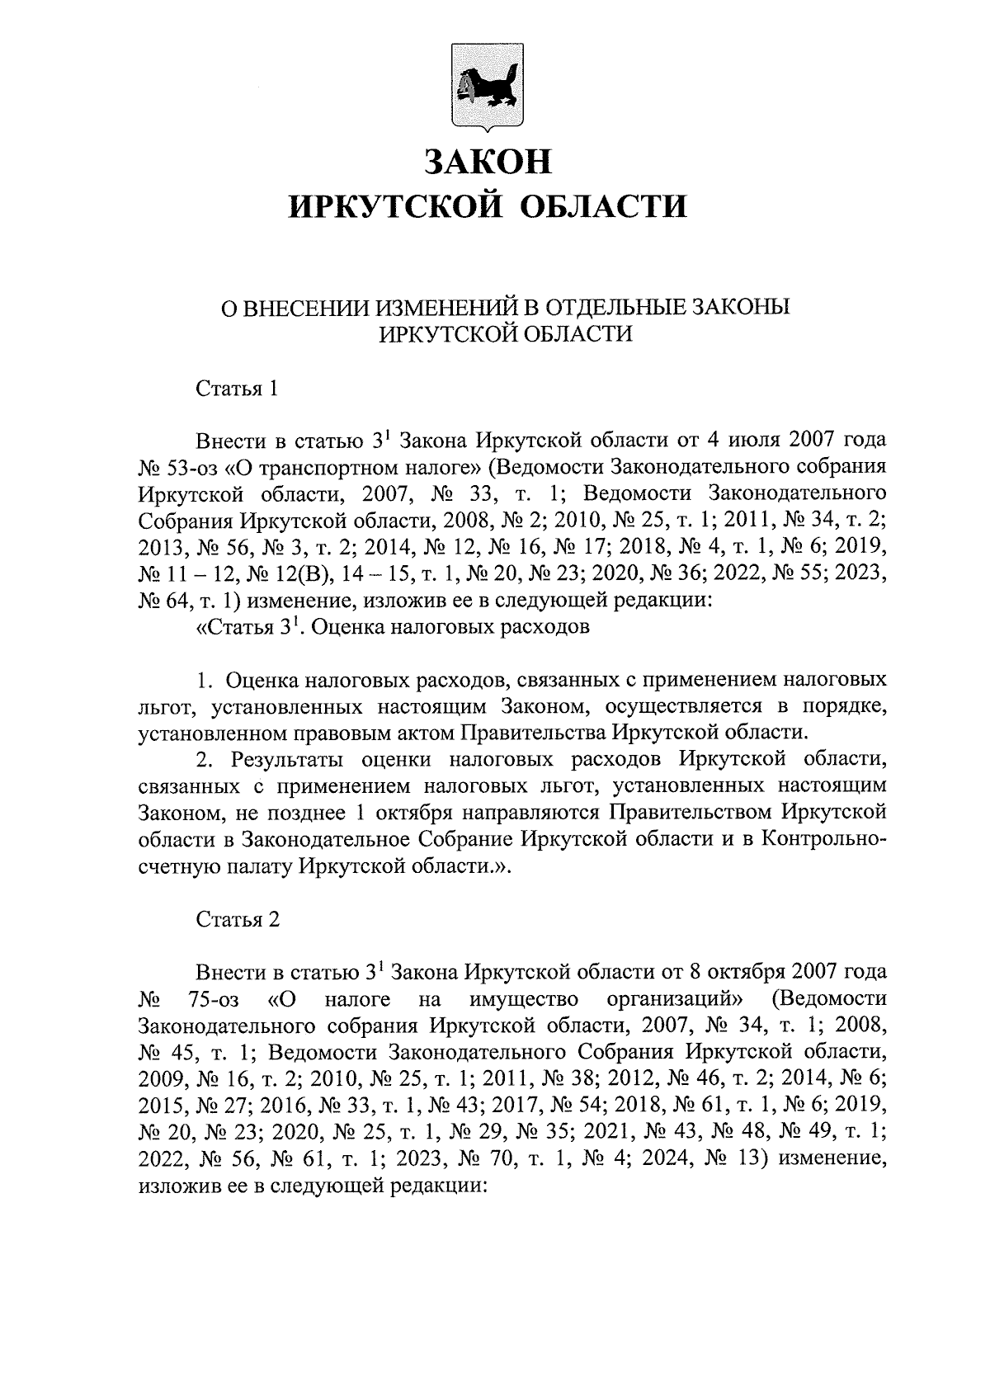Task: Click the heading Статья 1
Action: pyautogui.click(x=236, y=388)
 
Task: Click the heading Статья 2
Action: pyautogui.click(x=238, y=919)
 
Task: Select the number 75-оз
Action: pyautogui.click(x=214, y=999)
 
